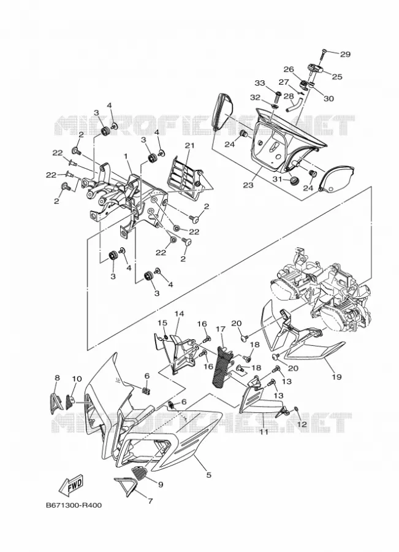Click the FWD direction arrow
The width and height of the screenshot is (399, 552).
(x=71, y=484)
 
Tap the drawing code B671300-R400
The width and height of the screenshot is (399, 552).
(x=74, y=505)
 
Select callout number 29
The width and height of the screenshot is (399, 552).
(x=345, y=54)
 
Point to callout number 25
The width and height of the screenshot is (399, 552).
(x=337, y=77)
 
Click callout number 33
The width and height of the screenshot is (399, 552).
(x=260, y=83)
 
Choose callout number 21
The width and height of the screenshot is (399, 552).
(x=190, y=145)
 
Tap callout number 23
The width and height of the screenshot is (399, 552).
(x=248, y=185)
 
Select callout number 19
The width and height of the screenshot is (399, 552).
(x=336, y=377)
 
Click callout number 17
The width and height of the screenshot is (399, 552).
(x=221, y=329)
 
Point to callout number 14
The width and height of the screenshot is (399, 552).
(x=179, y=313)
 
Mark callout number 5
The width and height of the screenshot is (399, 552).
(x=208, y=475)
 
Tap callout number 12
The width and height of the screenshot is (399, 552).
(x=302, y=424)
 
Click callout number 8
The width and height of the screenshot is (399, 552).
(x=58, y=378)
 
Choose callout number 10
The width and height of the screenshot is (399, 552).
(x=77, y=379)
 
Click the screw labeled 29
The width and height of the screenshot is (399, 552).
(x=323, y=56)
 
